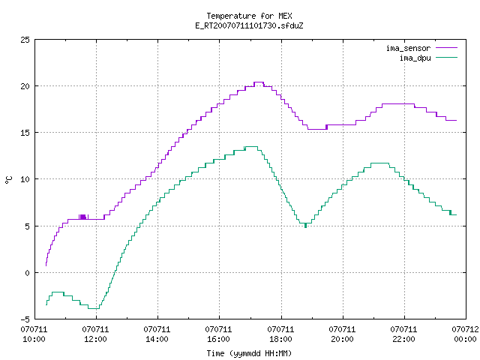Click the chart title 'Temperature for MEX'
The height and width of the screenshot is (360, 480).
249,16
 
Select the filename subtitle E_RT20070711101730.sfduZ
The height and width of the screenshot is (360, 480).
249,25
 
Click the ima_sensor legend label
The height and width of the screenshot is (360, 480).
408,48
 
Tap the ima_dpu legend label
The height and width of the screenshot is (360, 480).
415,58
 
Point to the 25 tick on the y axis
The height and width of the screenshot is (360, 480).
25,40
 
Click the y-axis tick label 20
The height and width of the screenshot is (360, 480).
25,86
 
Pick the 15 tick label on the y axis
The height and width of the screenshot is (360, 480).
25,133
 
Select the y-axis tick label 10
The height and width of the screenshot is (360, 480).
25,179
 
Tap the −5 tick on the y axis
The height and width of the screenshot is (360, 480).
25,319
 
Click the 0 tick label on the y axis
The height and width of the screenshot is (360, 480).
28,273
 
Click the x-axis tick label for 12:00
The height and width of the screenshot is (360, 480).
95,334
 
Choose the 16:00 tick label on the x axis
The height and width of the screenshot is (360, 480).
218,334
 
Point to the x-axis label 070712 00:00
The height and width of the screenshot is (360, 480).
465,334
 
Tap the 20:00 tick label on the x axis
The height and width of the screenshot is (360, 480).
342,334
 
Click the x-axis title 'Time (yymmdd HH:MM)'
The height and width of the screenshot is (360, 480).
249,353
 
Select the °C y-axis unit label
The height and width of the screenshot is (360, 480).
8,180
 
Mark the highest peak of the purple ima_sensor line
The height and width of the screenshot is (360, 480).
259,82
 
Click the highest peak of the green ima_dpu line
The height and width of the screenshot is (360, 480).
252,147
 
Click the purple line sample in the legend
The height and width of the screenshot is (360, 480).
446,48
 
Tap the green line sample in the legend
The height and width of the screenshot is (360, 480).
446,58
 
